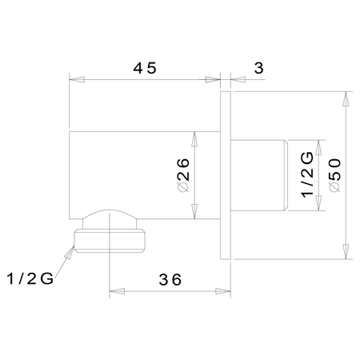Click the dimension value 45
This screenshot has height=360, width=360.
click(145, 68)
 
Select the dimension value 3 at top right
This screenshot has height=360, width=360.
click(258, 68)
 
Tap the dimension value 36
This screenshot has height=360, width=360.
click(170, 280)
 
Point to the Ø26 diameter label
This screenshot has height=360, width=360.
click(183, 175)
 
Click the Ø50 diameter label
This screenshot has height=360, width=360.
click(335, 175)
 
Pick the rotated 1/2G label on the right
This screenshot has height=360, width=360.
click(307, 174)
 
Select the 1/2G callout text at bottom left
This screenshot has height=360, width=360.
click(30, 278)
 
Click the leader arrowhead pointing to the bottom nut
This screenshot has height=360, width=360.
click(70, 252)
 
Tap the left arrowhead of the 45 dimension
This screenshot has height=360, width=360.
click(77, 79)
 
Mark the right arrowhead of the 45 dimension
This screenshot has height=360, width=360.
click(213, 79)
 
